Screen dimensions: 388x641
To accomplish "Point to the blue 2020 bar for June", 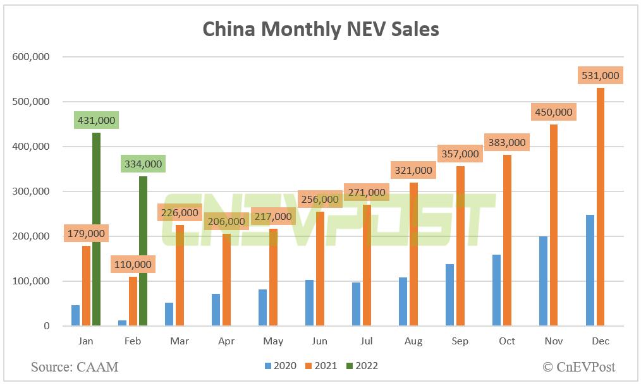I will tap(309, 303).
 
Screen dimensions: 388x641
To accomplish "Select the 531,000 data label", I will tap(600, 75).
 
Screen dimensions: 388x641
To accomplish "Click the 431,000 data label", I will tap(97, 120).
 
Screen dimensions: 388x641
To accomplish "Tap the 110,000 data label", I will tap(133, 264).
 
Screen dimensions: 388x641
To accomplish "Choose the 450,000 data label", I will tap(553, 112).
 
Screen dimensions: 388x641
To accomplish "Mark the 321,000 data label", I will tap(413, 170).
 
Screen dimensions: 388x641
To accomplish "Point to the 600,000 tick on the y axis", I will tap(31, 57).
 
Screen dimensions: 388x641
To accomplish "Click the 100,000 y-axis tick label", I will tap(31, 281).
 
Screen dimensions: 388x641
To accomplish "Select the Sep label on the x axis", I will tap(460, 341).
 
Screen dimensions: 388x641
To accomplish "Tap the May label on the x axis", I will tap(272, 341).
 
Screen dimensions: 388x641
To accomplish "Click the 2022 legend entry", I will tap(361, 366).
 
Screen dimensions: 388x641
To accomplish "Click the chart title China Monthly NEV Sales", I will tap(320, 29).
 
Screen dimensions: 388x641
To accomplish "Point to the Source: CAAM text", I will tap(75, 367).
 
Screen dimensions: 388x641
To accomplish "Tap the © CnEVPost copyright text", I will tap(578, 367).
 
